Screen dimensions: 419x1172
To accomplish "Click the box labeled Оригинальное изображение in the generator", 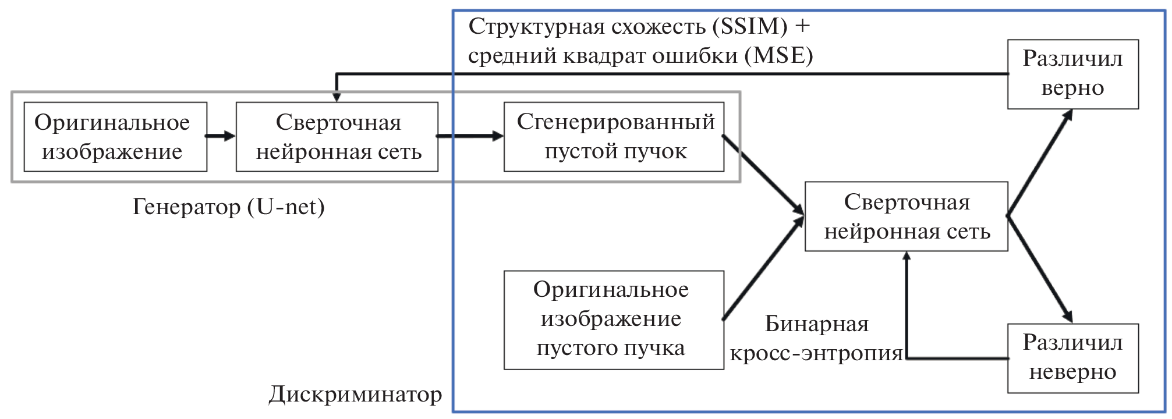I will [115, 137].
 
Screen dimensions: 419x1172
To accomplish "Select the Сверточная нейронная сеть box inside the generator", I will [337, 137].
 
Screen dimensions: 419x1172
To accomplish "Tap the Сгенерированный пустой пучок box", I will [614, 137].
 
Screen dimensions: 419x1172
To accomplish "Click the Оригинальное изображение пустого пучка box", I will [614, 319].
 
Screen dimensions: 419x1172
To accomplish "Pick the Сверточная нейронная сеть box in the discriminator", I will [906, 216].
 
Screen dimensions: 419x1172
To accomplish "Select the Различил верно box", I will [1072, 74].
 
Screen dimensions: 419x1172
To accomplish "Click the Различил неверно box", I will [1072, 358].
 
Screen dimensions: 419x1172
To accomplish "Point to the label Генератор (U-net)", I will [228, 207].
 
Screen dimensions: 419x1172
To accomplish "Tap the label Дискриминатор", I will [355, 395].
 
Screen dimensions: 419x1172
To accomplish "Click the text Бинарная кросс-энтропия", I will [816, 339].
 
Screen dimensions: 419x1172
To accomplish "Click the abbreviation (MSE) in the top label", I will [782, 56].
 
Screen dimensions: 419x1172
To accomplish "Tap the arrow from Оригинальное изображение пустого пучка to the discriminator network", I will [763, 269].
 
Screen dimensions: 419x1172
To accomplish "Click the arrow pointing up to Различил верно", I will [1040, 162].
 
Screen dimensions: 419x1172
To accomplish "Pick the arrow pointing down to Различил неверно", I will [1040, 269].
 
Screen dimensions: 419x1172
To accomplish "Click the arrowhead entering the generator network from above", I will [337, 97].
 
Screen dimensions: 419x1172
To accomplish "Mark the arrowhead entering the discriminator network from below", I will [906, 257].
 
